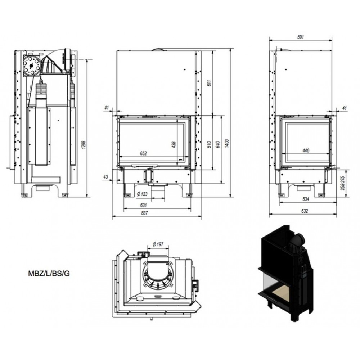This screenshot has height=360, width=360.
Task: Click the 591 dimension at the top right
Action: pyautogui.click(x=301, y=37)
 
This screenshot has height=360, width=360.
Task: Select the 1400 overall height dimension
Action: pyautogui.click(x=227, y=144)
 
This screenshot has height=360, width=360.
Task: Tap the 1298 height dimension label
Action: pyautogui.click(x=84, y=145)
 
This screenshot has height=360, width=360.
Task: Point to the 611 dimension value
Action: pyautogui.click(x=209, y=83)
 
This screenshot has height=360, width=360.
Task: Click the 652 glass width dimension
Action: pyautogui.click(x=143, y=153)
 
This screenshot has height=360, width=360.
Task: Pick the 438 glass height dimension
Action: pyautogui.click(x=174, y=145)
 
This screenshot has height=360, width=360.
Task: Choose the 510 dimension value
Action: pyautogui.click(x=209, y=144)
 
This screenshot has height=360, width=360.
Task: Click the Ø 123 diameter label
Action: pyautogui.click(x=142, y=194)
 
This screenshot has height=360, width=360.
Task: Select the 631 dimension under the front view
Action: pyautogui.click(x=143, y=205)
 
